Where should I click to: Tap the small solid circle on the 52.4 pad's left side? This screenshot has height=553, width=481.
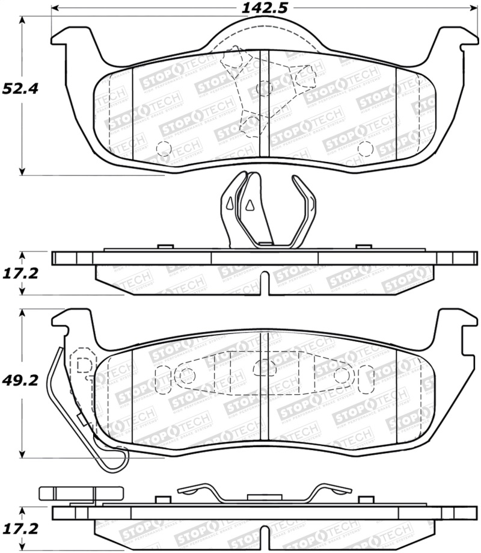162,147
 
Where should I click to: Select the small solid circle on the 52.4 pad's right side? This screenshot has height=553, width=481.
365,147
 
